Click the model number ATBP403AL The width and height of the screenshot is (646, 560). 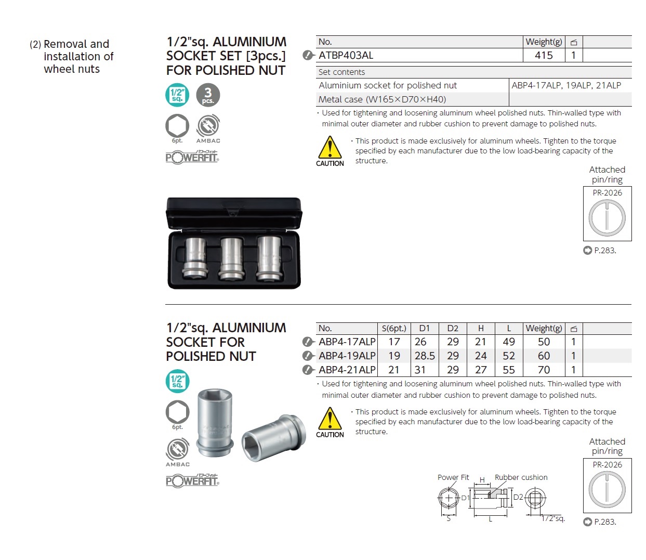click(346, 55)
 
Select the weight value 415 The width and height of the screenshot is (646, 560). click(544, 55)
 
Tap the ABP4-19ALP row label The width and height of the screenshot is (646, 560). click(347, 356)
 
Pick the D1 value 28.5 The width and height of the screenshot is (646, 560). click(425, 356)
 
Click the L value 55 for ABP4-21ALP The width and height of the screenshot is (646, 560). click(509, 370)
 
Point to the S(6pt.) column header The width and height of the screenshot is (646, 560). click(394, 328)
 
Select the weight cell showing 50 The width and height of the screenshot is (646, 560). click(544, 342)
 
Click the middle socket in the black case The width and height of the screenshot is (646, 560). click(232, 258)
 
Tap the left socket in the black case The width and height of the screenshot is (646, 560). click(196, 258)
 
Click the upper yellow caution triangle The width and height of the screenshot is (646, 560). click(329, 148)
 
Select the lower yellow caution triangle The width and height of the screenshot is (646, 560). click(329, 419)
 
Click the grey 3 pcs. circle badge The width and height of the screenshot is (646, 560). click(208, 95)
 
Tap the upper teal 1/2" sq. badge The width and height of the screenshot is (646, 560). click(177, 95)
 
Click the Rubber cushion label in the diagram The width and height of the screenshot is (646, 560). click(521, 477)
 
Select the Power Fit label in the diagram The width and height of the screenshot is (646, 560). click(453, 477)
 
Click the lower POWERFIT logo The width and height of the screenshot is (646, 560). click(192, 480)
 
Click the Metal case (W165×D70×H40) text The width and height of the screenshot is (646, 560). click(382, 99)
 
